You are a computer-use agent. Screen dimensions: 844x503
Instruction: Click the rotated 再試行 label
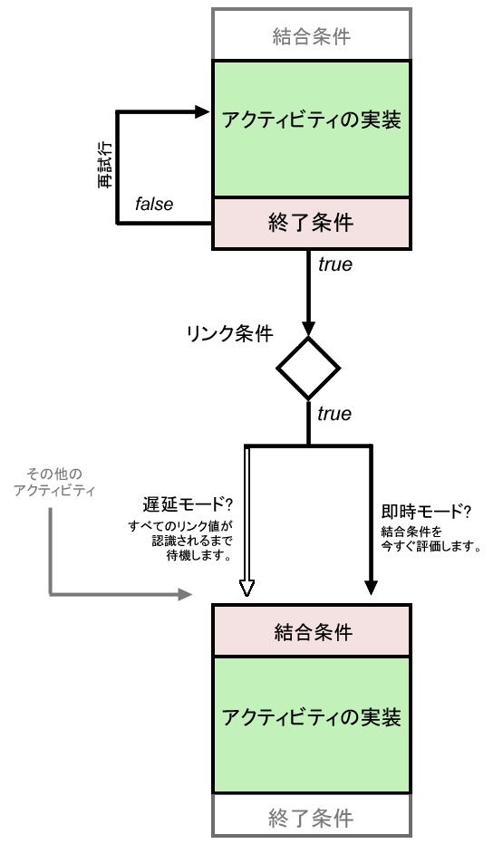pyautogui.click(x=104, y=168)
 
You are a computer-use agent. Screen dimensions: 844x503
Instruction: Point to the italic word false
pyautogui.click(x=154, y=205)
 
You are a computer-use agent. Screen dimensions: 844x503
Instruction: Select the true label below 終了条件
pyautogui.click(x=334, y=265)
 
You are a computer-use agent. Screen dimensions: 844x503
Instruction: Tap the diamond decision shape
pyautogui.click(x=308, y=369)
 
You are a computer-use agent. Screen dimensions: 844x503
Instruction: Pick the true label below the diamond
pyautogui.click(x=334, y=414)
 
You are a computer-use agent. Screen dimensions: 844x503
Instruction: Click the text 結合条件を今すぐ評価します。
pyautogui.click(x=426, y=538)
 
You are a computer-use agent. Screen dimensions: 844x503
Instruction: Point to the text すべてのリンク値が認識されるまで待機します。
pyautogui.click(x=180, y=542)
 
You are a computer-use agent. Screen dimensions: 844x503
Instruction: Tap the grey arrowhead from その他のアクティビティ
pyautogui.click(x=186, y=595)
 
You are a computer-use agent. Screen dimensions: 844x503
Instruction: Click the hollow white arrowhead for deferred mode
pyautogui.click(x=246, y=590)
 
